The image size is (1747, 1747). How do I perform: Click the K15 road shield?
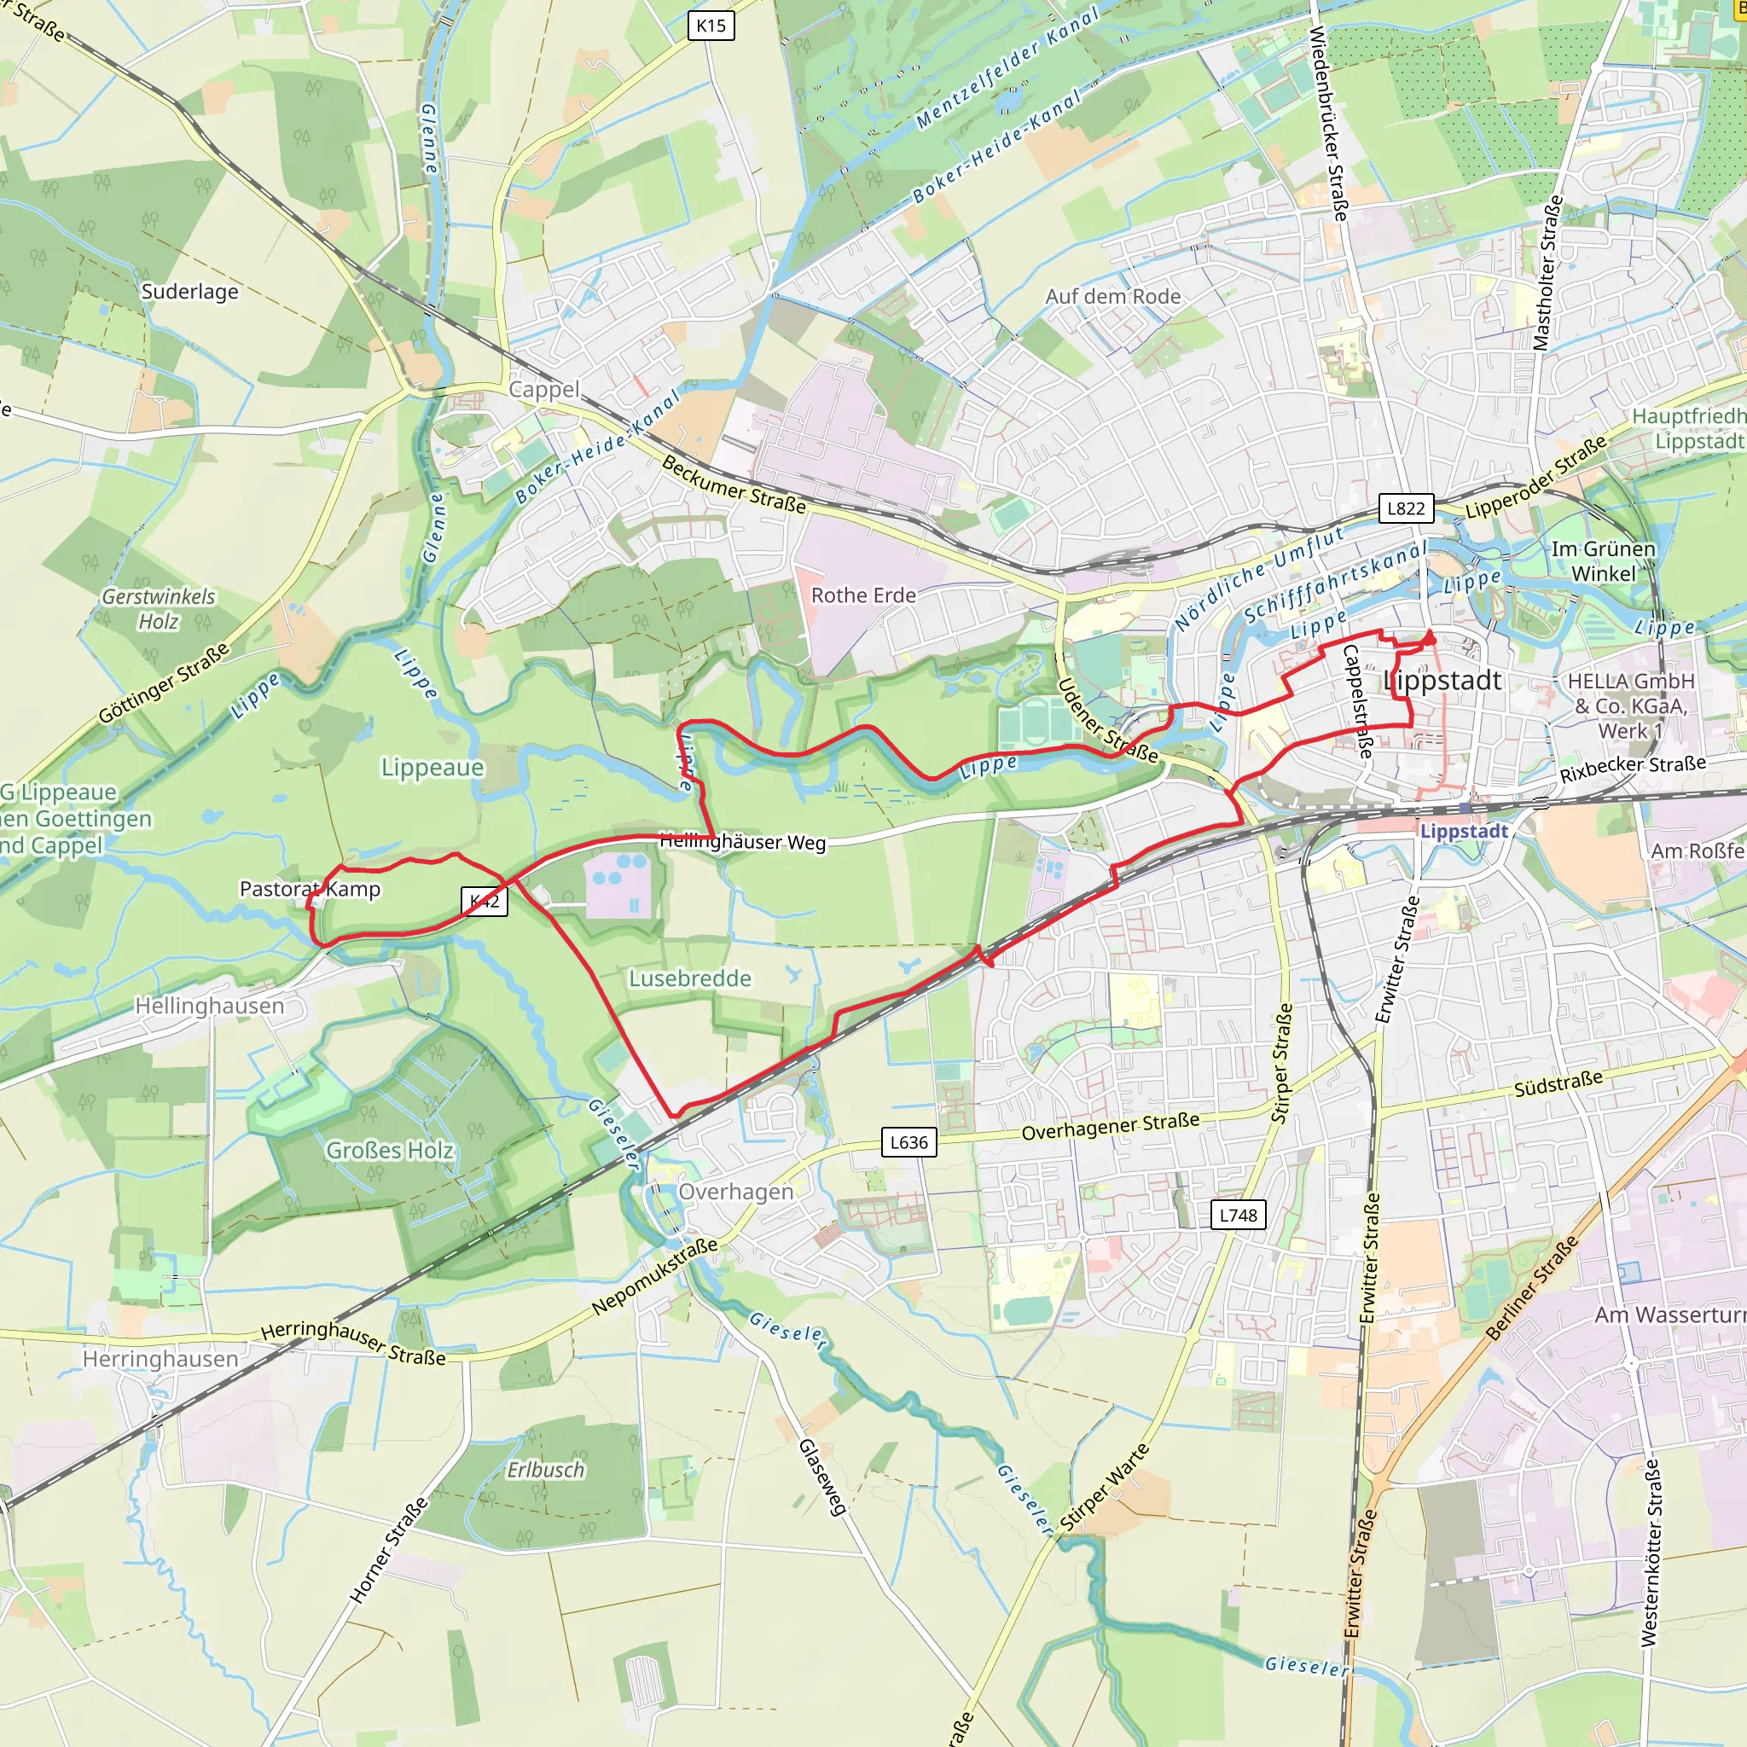click(711, 26)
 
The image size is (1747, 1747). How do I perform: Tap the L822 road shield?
click(1405, 508)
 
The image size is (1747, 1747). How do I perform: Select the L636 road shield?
click(908, 1142)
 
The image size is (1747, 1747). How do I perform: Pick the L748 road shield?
click(1238, 1215)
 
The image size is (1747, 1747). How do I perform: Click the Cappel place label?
click(543, 390)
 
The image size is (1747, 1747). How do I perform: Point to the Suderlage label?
click(190, 291)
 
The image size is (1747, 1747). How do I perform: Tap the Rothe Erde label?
click(862, 595)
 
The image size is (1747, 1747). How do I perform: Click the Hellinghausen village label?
click(209, 1006)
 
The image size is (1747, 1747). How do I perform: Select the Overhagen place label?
click(735, 1192)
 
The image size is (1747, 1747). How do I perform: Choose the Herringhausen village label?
click(160, 1359)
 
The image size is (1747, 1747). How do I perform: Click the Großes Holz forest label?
click(389, 1150)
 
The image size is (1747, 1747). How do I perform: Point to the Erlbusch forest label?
click(545, 1471)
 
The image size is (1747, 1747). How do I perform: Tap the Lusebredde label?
click(690, 978)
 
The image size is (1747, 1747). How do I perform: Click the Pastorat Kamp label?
click(310, 889)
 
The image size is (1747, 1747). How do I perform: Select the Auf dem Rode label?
click(1112, 297)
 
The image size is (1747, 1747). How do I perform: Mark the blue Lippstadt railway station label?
click(1463, 831)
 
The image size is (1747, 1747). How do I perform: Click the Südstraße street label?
click(1558, 1083)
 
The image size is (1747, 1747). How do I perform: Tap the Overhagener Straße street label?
click(1110, 1127)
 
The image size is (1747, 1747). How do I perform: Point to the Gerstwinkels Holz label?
click(159, 608)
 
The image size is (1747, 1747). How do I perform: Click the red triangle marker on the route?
click(1430, 638)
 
